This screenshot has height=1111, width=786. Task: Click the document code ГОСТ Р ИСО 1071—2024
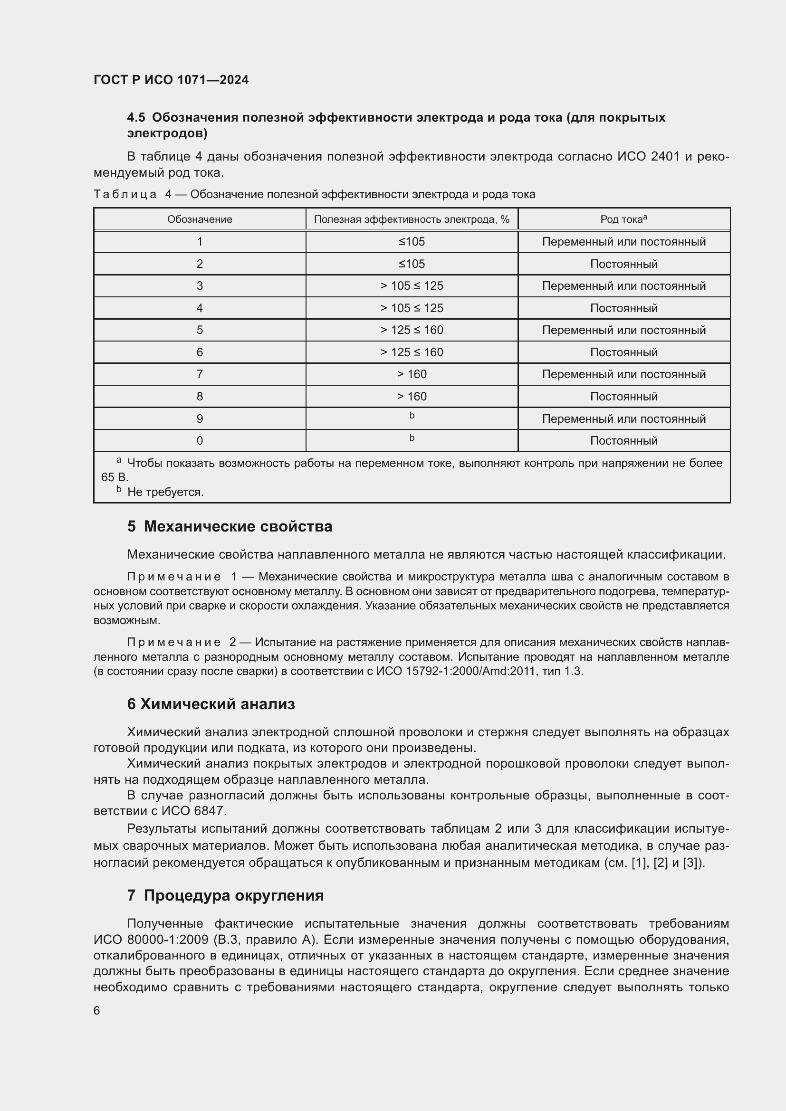(x=171, y=80)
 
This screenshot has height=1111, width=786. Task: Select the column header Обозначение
(x=200, y=219)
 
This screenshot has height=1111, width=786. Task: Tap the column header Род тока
(x=623, y=219)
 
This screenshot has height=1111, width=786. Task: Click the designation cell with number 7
(x=200, y=374)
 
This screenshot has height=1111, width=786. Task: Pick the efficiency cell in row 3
(x=412, y=286)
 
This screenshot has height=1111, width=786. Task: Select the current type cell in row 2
(x=623, y=264)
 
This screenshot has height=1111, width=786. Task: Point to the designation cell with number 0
(x=200, y=441)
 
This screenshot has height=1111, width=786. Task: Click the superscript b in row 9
(x=412, y=416)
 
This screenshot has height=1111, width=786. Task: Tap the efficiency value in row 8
(x=412, y=397)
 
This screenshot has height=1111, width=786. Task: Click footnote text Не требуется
(x=165, y=492)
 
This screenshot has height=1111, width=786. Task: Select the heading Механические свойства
(x=238, y=526)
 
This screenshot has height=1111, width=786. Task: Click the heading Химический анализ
(x=217, y=704)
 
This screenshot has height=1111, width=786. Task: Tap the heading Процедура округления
(x=234, y=896)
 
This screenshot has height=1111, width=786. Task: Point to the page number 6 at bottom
(x=97, y=1011)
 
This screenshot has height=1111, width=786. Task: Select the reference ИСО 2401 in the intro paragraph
(x=648, y=157)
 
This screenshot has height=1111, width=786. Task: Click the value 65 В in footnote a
(x=114, y=477)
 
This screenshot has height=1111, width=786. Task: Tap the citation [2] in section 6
(x=661, y=863)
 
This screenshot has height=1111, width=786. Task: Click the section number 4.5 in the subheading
(x=136, y=118)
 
